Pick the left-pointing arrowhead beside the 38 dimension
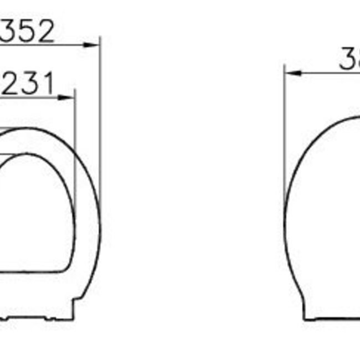[x=292, y=73]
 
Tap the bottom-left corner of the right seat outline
[x=304, y=319]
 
